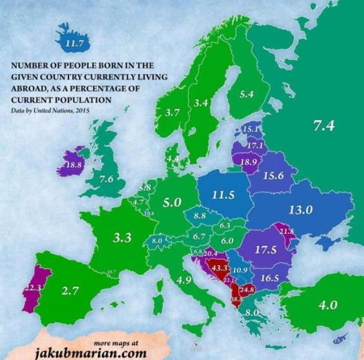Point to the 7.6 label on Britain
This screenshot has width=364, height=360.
tap(106, 179)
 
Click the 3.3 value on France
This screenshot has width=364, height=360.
tap(122, 238)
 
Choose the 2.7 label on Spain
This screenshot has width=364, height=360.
tap(70, 291)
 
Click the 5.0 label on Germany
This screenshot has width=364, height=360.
tap(172, 202)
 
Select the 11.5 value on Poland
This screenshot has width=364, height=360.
tap(223, 195)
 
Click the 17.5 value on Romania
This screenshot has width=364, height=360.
tap(265, 250)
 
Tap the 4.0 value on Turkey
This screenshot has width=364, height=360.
tap(328, 305)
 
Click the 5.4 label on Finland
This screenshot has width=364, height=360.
tap(246, 94)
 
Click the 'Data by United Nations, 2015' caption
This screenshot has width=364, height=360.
tap(51, 110)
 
